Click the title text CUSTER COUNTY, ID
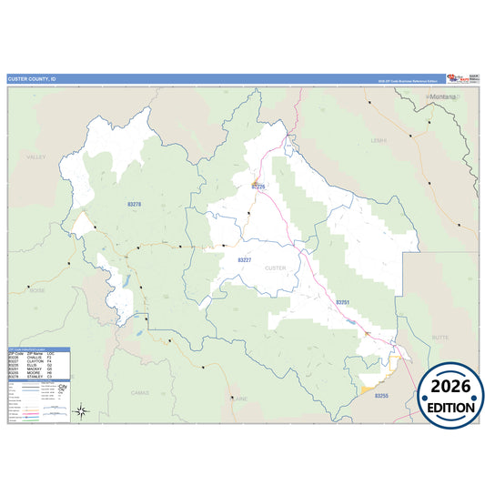pos(32,79)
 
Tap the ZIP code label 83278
pos(134,205)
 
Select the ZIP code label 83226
pos(258,187)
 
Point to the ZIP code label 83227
pos(244,260)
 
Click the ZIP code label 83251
pos(343,302)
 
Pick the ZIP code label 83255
pos(381,396)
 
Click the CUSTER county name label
pos(274,269)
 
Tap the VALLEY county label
pos(35,157)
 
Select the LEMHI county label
pos(379,141)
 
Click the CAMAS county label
pos(139,392)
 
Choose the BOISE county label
pos(36,290)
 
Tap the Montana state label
pos(443,96)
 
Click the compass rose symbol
pos(81,412)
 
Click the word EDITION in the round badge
pos(450,407)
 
